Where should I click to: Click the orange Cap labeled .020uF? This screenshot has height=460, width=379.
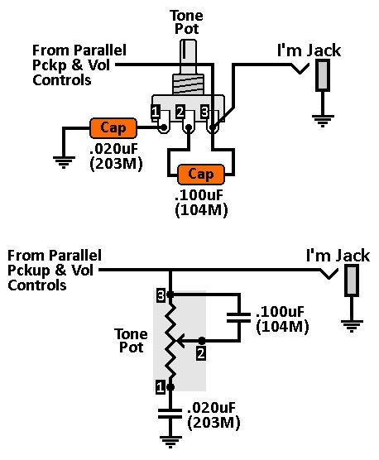click(113, 128)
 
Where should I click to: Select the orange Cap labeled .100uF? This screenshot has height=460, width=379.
click(201, 175)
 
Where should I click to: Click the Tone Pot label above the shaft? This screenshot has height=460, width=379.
click(186, 22)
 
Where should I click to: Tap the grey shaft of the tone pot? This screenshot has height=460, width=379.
click(188, 56)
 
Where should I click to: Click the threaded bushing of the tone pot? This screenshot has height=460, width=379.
click(188, 84)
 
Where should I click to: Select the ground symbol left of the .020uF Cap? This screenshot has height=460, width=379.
click(64, 162)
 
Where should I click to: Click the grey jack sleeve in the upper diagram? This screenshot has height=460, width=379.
click(323, 75)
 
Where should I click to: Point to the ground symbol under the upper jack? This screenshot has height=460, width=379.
click(323, 121)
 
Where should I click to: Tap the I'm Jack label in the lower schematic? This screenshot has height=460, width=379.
click(338, 256)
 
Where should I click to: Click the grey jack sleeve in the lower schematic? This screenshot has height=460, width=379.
click(352, 280)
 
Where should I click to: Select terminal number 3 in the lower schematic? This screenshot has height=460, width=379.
click(161, 296)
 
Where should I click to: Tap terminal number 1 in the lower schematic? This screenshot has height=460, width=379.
click(161, 388)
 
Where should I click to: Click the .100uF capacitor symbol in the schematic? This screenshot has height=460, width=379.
click(239, 318)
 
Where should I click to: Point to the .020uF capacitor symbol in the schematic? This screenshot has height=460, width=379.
click(170, 414)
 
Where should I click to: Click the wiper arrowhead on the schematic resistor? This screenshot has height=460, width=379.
click(180, 341)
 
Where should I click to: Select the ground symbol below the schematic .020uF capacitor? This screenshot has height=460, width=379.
click(170, 442)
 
